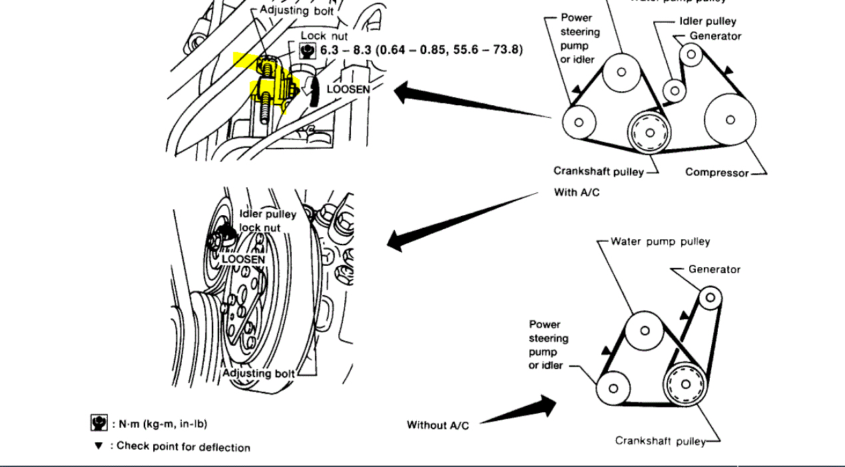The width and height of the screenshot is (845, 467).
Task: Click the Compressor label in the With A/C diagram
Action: (x=716, y=173)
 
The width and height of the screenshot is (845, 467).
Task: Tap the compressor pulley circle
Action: (x=730, y=120)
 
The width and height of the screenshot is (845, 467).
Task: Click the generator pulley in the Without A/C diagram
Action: (x=709, y=296)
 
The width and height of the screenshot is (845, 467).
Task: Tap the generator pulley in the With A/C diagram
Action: (x=691, y=53)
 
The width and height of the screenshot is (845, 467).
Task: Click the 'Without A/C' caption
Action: (x=437, y=425)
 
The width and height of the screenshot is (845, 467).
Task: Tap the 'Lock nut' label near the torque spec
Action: (x=324, y=35)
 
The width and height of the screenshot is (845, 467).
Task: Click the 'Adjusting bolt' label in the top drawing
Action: (x=296, y=10)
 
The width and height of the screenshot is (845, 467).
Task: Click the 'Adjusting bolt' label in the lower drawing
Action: (x=258, y=373)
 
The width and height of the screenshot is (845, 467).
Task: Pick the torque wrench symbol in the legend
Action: (x=98, y=422)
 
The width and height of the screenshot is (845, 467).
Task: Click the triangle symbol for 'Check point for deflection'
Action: (x=99, y=446)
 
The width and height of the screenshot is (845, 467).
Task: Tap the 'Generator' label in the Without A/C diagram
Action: (x=714, y=269)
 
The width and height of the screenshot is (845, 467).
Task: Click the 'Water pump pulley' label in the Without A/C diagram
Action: (x=660, y=241)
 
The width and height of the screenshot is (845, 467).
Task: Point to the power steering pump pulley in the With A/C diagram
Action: (x=579, y=122)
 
